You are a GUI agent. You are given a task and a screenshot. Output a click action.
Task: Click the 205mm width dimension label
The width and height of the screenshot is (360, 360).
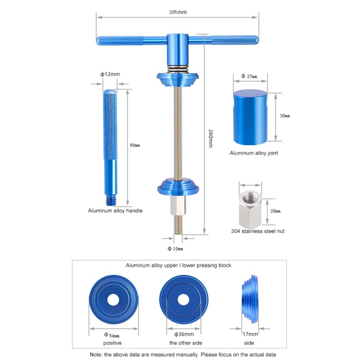[x=178, y=12]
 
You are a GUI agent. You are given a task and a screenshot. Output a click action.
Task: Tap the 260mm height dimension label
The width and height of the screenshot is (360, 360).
[x=211, y=139]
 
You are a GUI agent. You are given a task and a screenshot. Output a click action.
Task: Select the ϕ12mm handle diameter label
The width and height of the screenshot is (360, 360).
[x=110, y=74]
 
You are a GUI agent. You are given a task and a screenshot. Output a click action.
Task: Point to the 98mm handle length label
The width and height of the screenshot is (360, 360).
[x=135, y=145]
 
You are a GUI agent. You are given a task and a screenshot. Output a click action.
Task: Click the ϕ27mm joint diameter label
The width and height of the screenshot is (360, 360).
[x=249, y=76]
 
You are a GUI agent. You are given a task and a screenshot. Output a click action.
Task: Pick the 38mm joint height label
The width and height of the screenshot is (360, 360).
[x=285, y=116]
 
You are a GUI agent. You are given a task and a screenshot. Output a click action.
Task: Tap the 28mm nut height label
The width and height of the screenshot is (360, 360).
[x=275, y=211]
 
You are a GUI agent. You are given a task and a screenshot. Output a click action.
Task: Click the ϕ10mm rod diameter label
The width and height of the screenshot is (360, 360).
[x=175, y=249]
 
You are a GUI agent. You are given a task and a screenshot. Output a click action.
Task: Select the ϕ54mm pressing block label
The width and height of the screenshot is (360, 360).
[x=112, y=335]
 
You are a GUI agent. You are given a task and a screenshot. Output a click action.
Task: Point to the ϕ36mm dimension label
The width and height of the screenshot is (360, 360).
[x=184, y=334]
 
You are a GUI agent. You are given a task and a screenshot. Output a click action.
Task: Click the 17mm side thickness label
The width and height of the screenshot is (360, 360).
[x=250, y=334]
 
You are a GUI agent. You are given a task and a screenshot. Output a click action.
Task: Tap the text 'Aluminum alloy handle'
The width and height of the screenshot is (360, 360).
[x=115, y=211]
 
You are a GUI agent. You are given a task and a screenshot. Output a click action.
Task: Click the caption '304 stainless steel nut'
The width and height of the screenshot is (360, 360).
[x=257, y=231]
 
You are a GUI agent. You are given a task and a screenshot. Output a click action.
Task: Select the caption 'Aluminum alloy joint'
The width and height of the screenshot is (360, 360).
[x=254, y=153]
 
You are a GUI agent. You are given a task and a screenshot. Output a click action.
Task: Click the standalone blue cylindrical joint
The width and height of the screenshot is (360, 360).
[x=250, y=117]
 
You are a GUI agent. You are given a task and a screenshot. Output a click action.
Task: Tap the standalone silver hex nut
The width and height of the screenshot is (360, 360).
[x=250, y=209]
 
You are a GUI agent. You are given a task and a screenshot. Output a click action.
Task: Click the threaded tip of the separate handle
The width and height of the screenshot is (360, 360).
[x=111, y=200]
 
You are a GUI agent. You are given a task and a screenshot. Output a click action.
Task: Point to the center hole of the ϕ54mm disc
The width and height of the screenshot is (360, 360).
[x=113, y=300]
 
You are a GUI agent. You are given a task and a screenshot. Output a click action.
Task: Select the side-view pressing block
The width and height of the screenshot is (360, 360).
[x=250, y=299]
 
